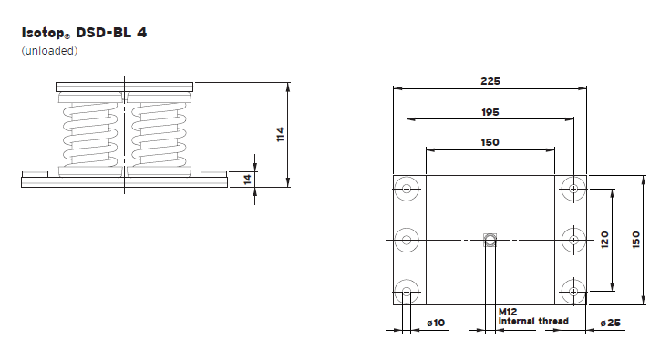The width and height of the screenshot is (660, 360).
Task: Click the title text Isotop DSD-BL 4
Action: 83,32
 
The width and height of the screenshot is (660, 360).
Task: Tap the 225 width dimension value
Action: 490,80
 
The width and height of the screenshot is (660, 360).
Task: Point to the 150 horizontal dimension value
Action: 490,142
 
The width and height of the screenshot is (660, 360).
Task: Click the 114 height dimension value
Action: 281,134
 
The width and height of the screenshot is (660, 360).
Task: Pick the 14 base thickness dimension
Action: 247,179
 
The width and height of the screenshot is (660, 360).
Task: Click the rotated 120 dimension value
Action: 604,240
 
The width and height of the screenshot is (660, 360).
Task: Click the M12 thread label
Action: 508,312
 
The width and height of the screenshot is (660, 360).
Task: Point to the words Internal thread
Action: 533,321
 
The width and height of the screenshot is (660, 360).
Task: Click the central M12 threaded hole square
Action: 490,241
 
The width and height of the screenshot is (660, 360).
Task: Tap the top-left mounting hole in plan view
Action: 407,190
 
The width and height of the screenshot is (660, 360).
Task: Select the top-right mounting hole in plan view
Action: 572,190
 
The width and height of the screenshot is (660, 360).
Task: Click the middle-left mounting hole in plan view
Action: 407,241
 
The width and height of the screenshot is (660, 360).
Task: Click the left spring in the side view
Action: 91,135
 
